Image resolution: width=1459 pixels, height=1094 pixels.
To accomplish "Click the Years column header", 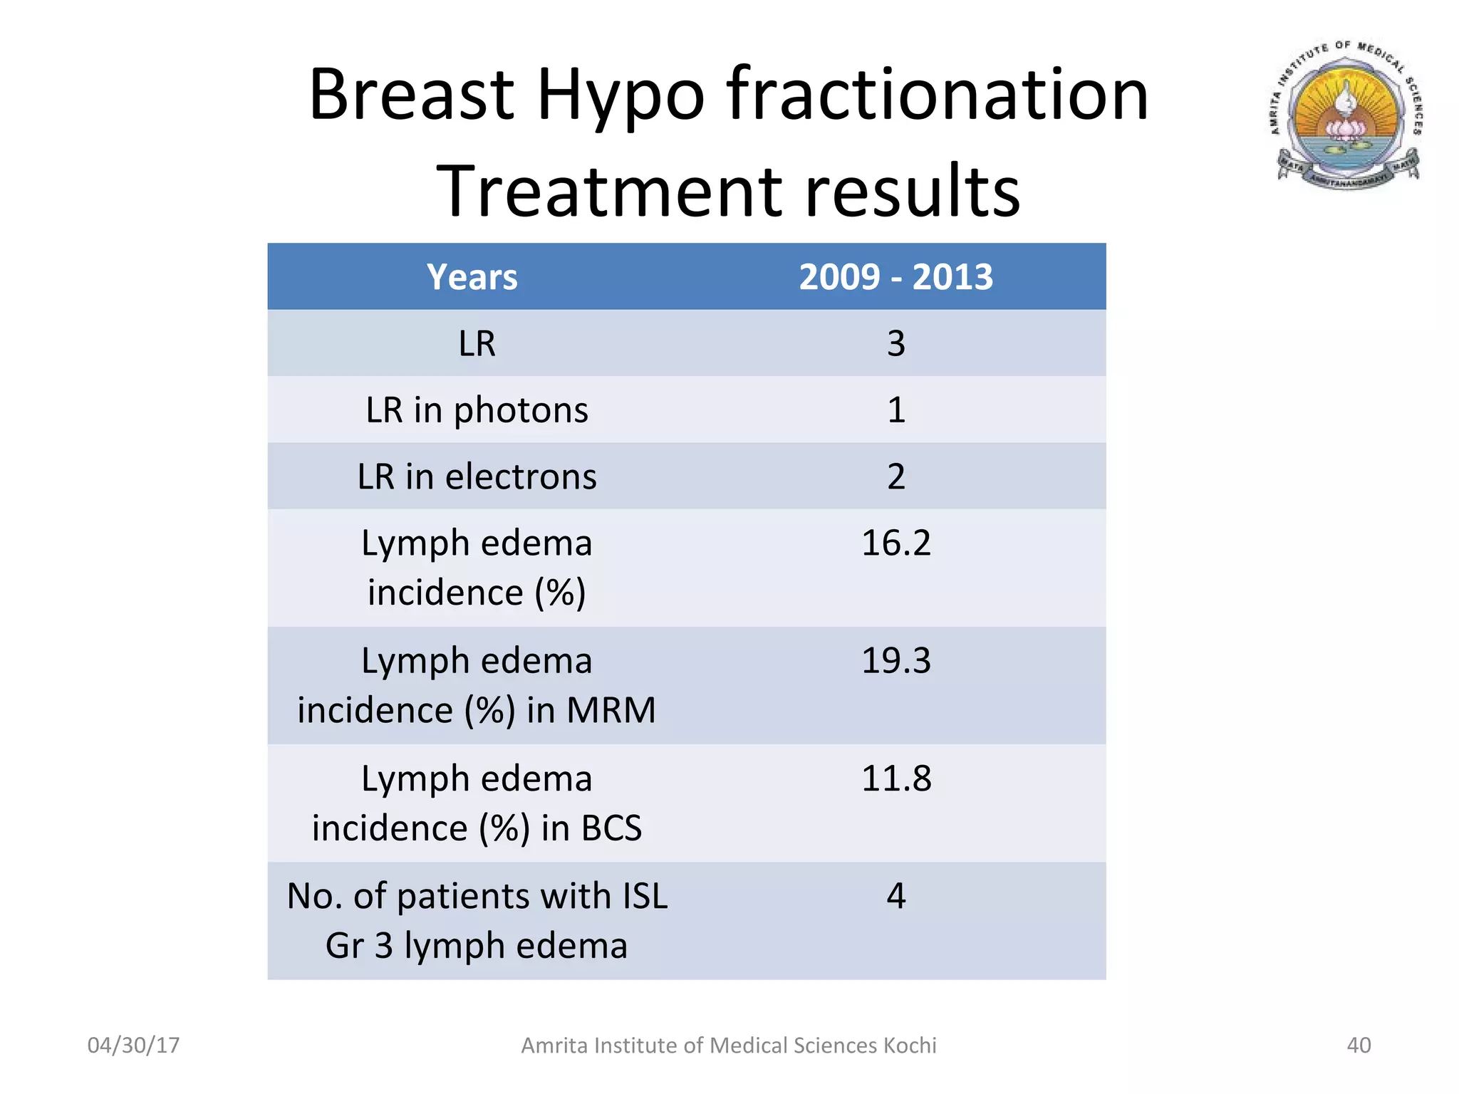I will pos(472,277).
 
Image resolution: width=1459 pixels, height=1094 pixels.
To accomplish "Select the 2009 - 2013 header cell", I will pos(895,277).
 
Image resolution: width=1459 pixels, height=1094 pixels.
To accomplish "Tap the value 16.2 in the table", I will pos(895,543).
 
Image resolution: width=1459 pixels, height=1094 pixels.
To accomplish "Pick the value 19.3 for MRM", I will pos(895,661).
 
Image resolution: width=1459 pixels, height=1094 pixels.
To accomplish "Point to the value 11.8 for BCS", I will pos(895,778).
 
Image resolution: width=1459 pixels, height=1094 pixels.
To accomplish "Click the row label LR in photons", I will pos(477,410).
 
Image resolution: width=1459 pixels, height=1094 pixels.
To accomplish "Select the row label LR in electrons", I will pos(477,476).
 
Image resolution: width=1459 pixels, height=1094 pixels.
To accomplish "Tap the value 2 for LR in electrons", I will pos(895,476).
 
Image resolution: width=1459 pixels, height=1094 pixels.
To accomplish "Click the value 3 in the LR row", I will pos(895,344).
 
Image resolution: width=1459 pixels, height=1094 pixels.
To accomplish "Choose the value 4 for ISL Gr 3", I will pos(895,896).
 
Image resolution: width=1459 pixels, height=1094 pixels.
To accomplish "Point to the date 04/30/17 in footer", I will pos(133,1045).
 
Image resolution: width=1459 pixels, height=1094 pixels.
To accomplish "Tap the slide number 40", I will pos(1359,1045).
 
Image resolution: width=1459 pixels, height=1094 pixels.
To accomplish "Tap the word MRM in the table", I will pos(611,711).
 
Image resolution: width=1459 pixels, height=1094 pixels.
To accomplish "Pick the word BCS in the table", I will pos(611,828).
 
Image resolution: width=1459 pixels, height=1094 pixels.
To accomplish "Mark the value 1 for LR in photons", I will pos(895,410).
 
